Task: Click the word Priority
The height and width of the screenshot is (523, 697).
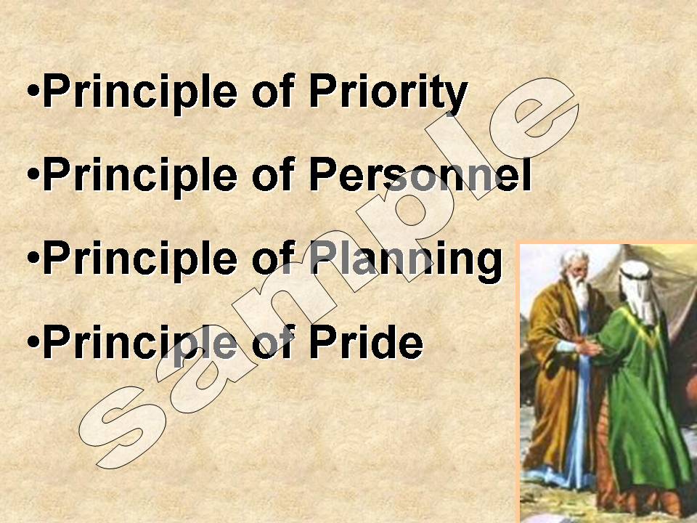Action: point(388,93)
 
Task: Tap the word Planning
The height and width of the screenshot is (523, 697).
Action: point(406,260)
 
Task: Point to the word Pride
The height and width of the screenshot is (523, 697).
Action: point(366,341)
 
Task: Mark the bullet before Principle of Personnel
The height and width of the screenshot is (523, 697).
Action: point(33,174)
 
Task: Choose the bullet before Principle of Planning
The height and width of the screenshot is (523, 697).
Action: point(33,258)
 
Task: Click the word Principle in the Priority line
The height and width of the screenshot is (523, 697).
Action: point(140,93)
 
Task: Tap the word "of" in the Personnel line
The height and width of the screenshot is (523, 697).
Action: point(273,174)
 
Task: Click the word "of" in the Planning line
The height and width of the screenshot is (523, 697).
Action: point(273,257)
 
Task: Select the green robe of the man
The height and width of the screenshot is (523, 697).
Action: point(640,400)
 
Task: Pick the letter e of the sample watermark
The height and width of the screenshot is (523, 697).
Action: point(534,118)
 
